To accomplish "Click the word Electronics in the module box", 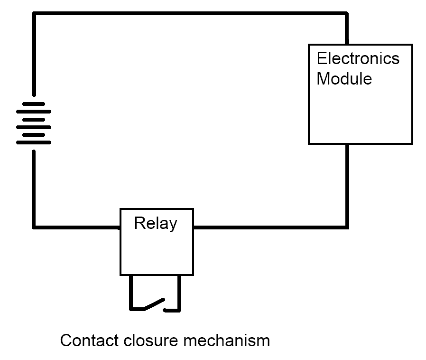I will (x=358, y=58).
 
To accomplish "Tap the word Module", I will (x=344, y=78).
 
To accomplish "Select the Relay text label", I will (x=156, y=223).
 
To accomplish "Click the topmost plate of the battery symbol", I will (x=34, y=104).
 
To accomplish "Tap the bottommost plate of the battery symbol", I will (x=34, y=142).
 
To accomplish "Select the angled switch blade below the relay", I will (x=154, y=304).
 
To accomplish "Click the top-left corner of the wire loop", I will (x=34, y=14).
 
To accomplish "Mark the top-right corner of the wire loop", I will (x=347, y=14).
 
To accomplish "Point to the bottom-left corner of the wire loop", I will (x=34, y=227).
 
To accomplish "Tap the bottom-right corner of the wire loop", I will (x=347, y=227).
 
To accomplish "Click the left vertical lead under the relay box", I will (x=131, y=292).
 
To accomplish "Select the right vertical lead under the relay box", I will (x=179, y=292).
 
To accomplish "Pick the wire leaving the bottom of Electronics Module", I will (x=347, y=185).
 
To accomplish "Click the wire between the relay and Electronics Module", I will (x=270, y=227).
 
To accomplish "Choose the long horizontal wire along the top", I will (x=190, y=14).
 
